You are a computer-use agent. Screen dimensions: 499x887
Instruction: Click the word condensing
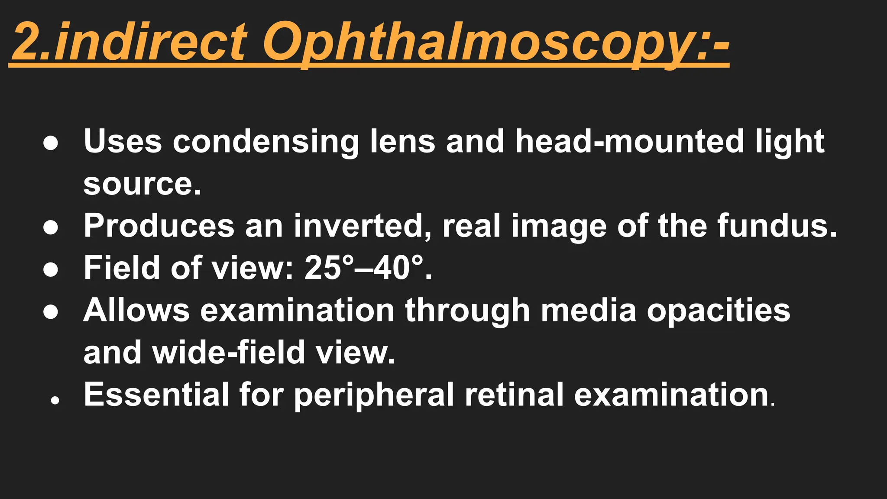click(x=265, y=142)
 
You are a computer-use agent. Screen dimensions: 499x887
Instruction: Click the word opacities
click(x=719, y=310)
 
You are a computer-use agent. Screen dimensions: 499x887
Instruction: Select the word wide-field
click(x=230, y=352)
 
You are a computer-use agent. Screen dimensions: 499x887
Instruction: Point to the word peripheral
click(x=374, y=395)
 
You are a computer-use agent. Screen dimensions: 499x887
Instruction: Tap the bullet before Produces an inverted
click(x=51, y=228)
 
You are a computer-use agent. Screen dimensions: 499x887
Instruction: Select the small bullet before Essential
click(x=55, y=401)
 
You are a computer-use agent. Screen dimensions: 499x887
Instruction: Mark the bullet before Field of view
click(x=51, y=270)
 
